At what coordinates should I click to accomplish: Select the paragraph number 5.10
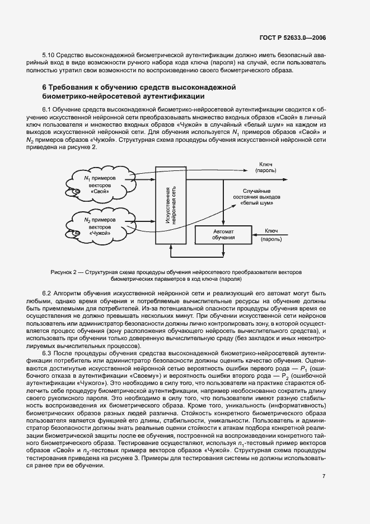49,55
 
